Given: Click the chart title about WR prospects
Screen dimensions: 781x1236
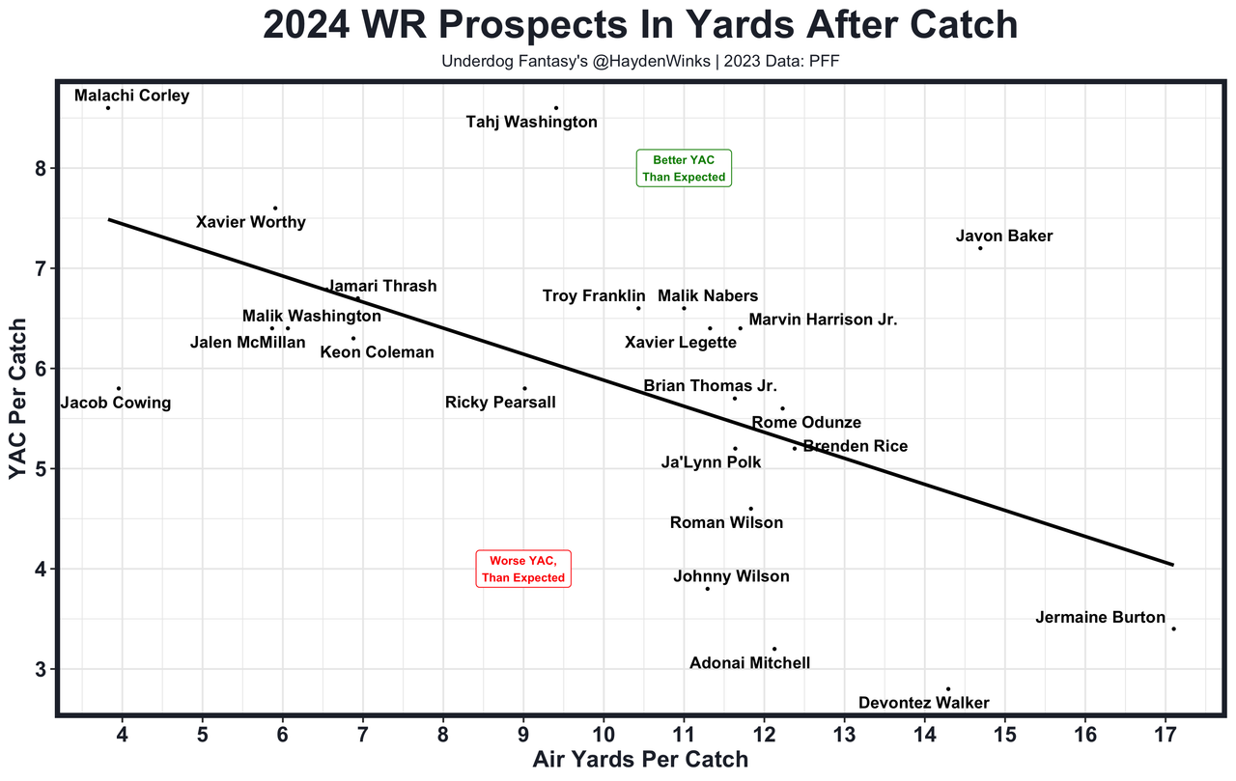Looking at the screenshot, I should click(x=640, y=26).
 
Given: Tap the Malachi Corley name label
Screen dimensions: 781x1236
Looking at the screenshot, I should click(x=131, y=96).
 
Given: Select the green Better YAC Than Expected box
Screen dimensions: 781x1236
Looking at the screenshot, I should click(x=684, y=168).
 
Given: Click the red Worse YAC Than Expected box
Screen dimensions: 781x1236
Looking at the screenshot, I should click(x=523, y=569).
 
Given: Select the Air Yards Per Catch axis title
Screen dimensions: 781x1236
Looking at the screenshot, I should click(x=640, y=760).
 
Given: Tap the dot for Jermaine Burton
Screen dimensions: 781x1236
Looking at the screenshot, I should click(x=1173, y=628).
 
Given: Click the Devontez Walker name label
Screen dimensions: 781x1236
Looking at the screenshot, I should click(x=923, y=703).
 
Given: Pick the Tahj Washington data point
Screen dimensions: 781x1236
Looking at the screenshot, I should click(x=556, y=108).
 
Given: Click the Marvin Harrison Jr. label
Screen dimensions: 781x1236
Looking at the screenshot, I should click(x=823, y=320).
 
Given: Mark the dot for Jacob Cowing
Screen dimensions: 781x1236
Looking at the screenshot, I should click(x=119, y=388).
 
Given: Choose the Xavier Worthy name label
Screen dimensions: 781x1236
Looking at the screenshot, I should click(x=250, y=222).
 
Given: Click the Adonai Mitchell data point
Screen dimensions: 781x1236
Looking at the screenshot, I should click(x=774, y=649).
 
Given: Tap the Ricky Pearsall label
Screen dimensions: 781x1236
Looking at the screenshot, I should click(x=500, y=402).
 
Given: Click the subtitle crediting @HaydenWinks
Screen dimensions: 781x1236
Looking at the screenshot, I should click(x=640, y=62).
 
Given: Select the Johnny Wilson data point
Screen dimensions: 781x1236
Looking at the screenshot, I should click(x=708, y=589).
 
